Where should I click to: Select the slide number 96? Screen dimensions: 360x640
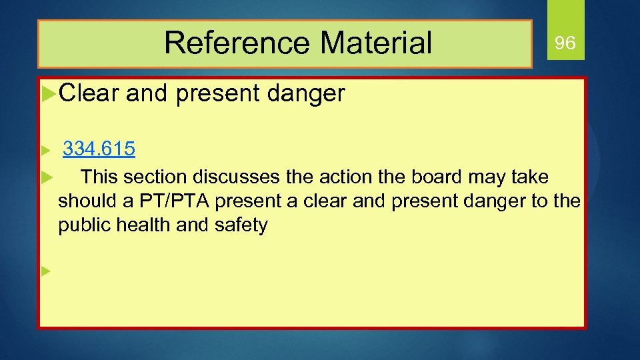pos(565,44)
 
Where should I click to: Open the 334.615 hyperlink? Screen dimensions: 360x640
pos(99,149)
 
